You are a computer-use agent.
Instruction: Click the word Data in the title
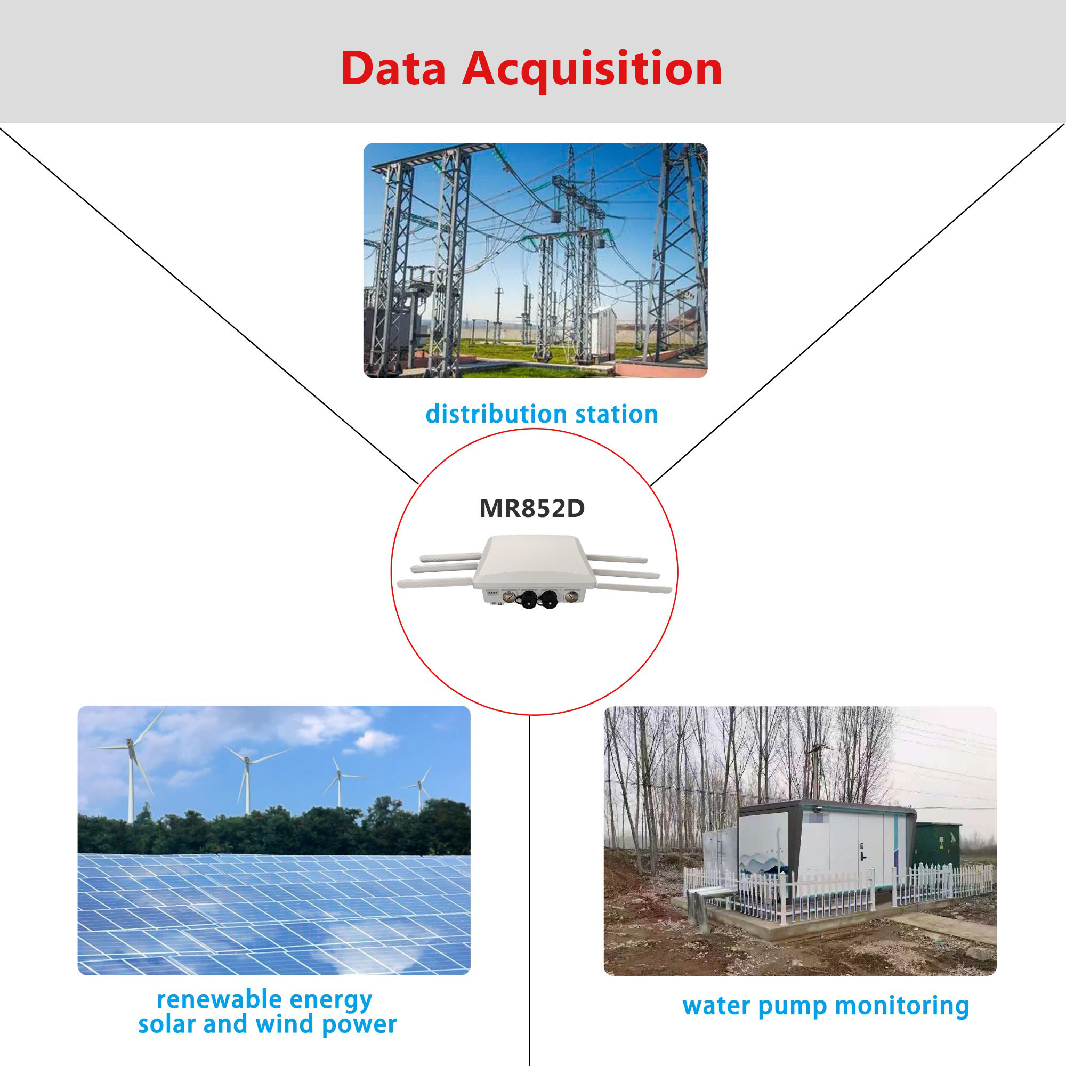(393, 68)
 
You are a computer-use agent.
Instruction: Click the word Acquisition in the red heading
(592, 69)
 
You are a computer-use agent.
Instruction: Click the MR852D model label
(532, 508)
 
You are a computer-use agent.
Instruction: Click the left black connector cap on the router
(529, 599)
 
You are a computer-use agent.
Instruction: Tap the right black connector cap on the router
(550, 599)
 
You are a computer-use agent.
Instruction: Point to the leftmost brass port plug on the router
(507, 596)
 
